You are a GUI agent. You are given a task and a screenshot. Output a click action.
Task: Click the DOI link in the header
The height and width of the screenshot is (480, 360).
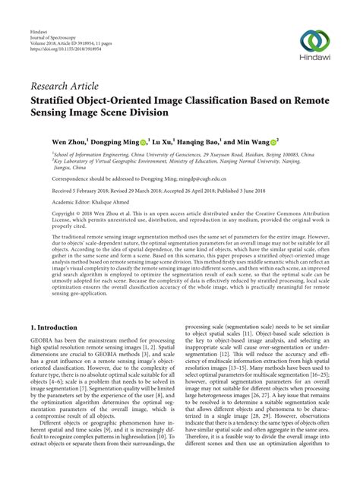click(64, 33)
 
